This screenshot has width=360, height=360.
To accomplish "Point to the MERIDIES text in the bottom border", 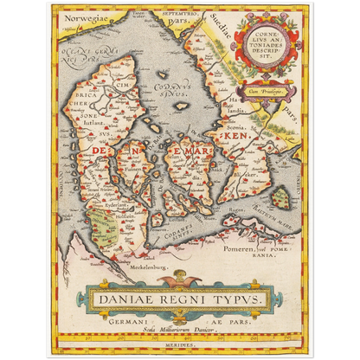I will [179, 345].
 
